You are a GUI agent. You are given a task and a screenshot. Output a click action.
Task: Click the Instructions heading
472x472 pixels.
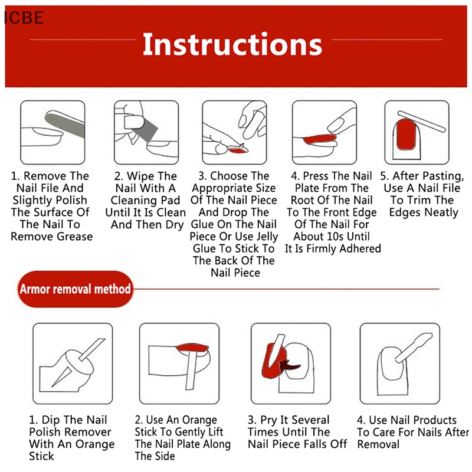(x=232, y=45)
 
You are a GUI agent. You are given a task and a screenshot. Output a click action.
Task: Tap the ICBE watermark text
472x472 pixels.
(x=24, y=18)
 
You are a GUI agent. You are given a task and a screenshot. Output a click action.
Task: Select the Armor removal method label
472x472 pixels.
(x=75, y=289)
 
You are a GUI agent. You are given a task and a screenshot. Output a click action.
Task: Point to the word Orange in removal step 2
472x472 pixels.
(x=198, y=420)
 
